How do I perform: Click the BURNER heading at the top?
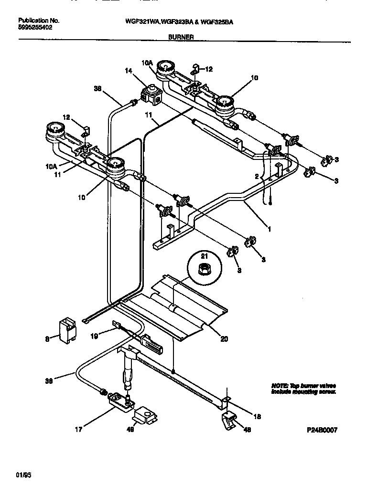coord(181,36)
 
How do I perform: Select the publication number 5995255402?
coord(35,28)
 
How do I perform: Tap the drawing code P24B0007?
coord(322,430)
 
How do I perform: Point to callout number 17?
coord(79,429)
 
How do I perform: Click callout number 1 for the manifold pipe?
coord(269,229)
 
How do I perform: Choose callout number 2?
coord(257,176)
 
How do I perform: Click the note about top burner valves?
coord(303,388)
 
